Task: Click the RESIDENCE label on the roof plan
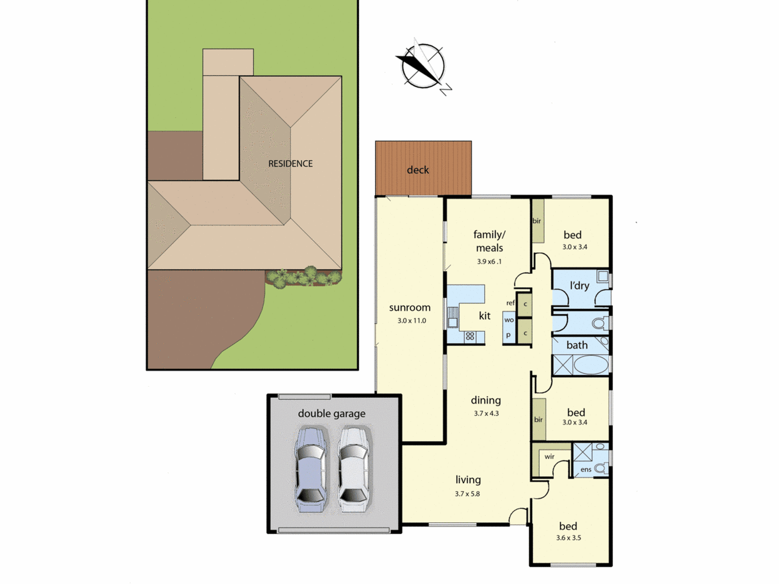coord(290,164)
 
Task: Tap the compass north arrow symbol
coord(423,67)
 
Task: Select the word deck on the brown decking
coord(418,170)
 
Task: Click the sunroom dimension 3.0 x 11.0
coord(412,321)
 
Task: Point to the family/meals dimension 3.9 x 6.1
coord(489,262)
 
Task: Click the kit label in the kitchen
coord(485,316)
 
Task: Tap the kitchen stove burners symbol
coord(470,336)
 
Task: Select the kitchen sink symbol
coord(453,317)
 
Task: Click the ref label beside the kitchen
coord(510,303)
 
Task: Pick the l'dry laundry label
coord(579,285)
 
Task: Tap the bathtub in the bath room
coord(591,365)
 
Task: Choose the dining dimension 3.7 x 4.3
coord(486,413)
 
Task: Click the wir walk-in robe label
coord(549,456)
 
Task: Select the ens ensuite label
coord(586,470)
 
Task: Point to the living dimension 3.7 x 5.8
coord(467,494)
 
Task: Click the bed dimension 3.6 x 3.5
coord(568,538)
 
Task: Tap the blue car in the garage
coord(310,470)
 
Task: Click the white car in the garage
coord(353,470)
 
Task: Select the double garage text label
coord(331,413)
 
